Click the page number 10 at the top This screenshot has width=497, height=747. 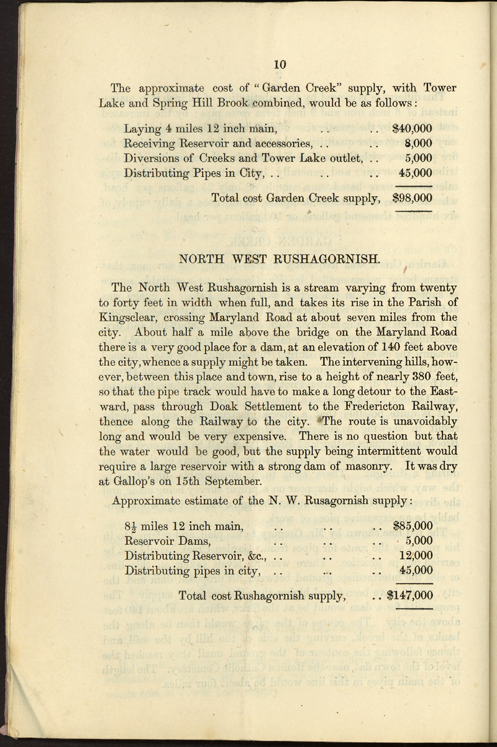[279, 63]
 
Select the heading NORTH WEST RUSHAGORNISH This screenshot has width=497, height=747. [279, 258]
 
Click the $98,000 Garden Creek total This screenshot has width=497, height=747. [413, 198]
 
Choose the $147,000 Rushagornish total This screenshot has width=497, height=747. [409, 595]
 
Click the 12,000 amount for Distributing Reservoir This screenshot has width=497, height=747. [416, 555]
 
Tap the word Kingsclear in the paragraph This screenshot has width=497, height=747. [132, 318]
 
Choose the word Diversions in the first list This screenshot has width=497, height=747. [153, 159]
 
